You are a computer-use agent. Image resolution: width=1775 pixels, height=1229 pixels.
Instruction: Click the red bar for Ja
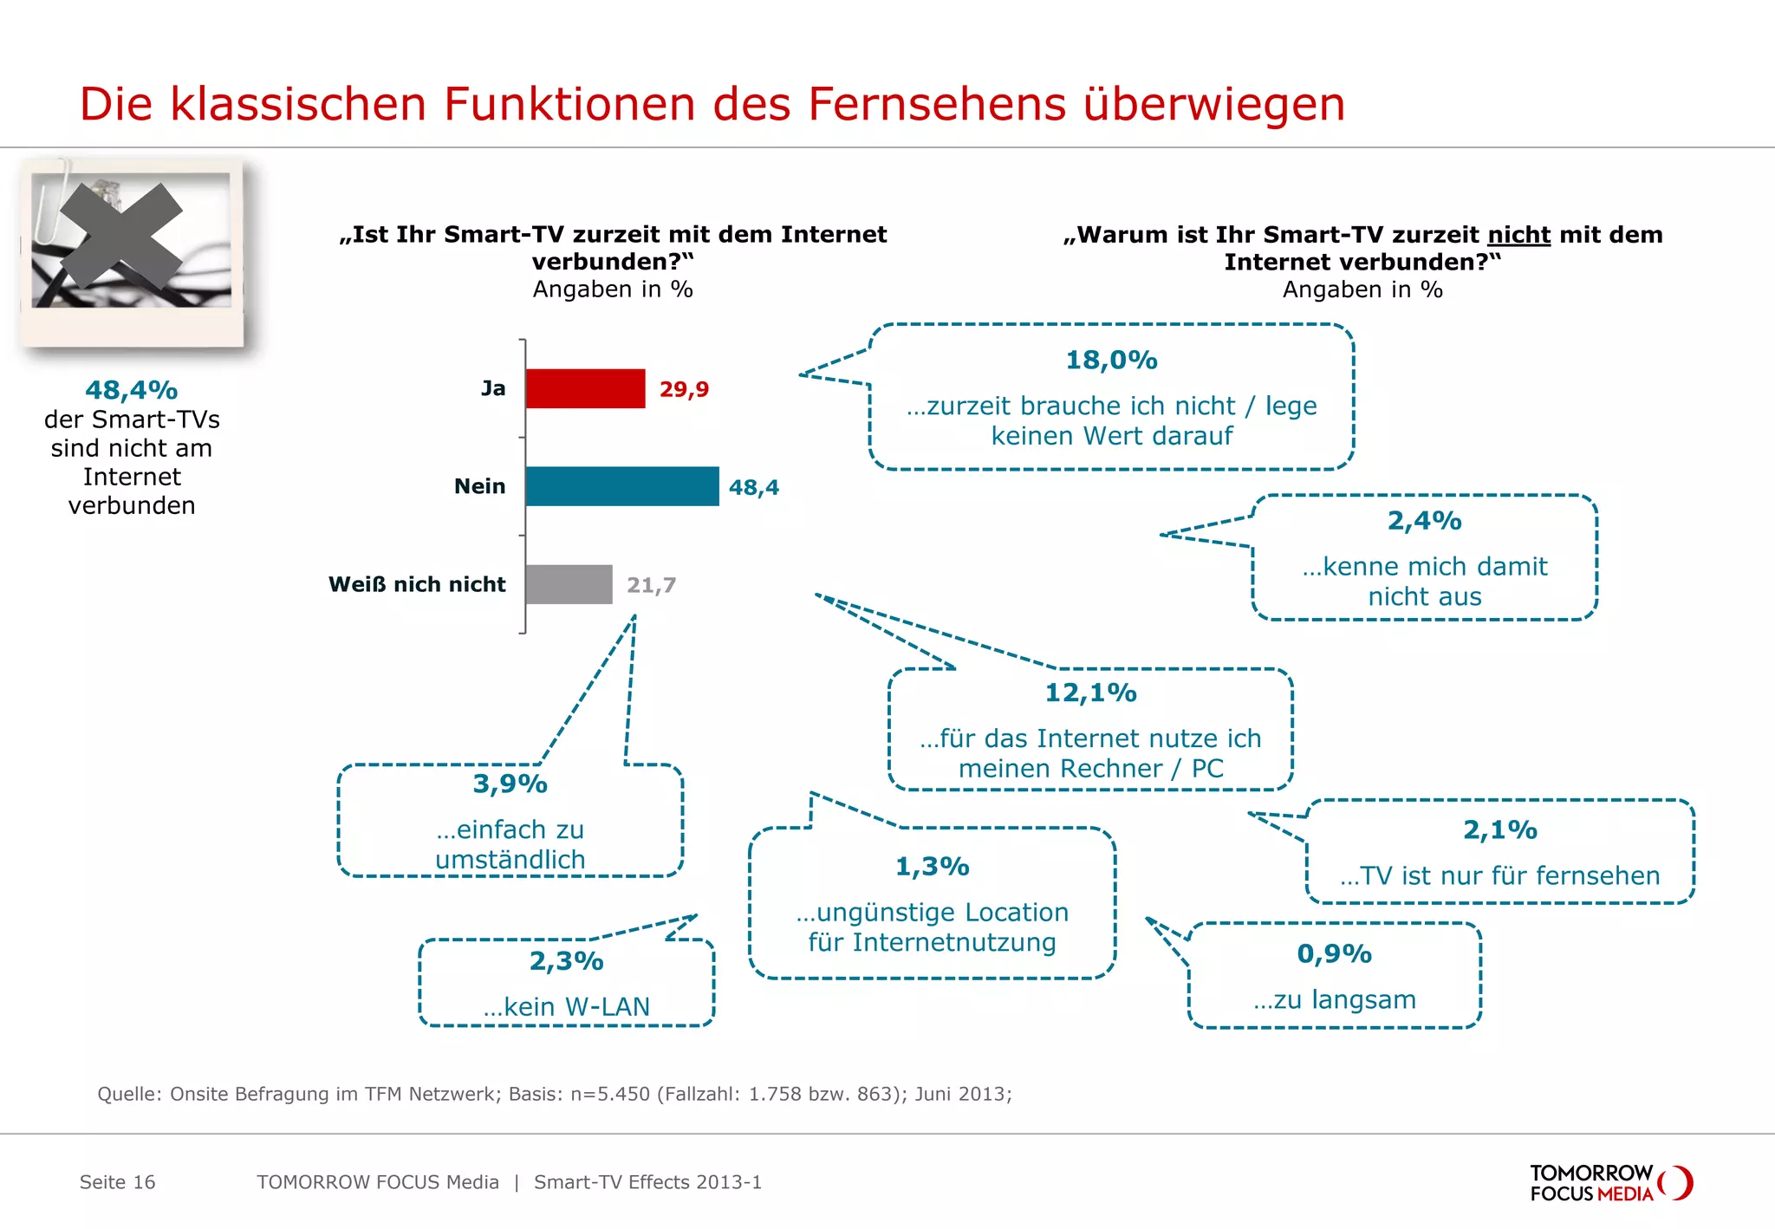[x=585, y=388]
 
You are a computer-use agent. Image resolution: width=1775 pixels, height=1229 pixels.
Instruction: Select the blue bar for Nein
[x=621, y=486]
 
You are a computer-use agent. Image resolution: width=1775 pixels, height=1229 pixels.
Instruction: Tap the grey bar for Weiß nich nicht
[x=569, y=584]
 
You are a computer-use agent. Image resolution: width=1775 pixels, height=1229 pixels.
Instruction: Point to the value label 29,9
[x=684, y=389]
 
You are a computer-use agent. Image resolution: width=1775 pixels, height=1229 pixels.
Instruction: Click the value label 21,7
[x=651, y=585]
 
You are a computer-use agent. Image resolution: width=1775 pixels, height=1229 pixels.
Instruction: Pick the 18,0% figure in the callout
[x=1111, y=360]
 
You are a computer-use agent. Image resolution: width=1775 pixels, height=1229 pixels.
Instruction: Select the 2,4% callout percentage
[x=1424, y=520]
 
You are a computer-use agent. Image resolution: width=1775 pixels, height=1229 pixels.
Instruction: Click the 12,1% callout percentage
[x=1090, y=693]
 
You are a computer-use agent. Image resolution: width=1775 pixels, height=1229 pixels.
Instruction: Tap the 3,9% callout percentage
[x=510, y=784]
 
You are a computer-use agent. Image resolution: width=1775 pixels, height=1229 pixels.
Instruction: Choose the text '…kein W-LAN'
[x=566, y=1006]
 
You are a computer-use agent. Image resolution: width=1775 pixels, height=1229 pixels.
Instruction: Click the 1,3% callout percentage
[x=932, y=866]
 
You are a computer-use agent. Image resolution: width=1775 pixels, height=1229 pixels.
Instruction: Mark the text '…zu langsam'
[x=1334, y=999]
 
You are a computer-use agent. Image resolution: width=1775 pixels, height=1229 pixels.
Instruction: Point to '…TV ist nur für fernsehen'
[x=1499, y=875]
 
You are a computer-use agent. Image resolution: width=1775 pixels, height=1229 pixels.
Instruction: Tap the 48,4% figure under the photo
[x=132, y=390]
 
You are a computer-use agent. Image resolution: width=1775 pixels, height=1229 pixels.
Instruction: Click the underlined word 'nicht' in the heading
[x=1518, y=235]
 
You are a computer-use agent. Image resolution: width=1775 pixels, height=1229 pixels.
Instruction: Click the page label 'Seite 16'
[x=117, y=1182]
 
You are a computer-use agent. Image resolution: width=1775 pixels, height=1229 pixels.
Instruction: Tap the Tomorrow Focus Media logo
[x=1610, y=1183]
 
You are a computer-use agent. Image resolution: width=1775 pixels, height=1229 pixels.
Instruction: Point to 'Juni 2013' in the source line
[x=962, y=1094]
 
